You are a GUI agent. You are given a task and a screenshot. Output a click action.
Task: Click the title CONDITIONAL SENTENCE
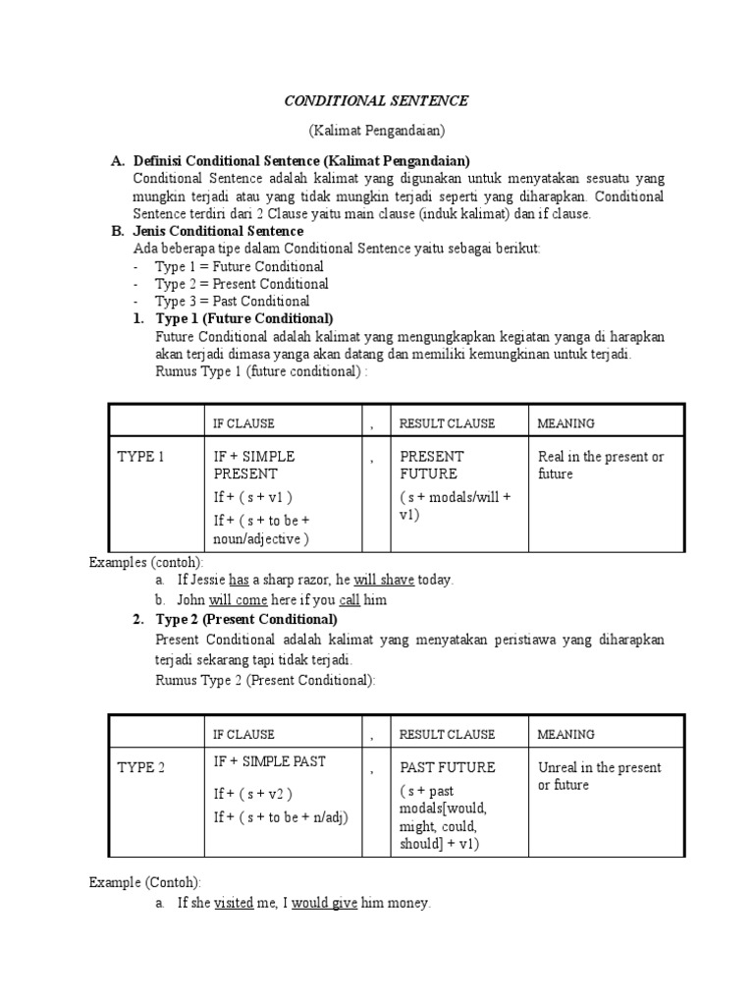click(x=376, y=101)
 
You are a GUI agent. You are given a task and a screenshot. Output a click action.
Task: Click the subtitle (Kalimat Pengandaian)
click(x=376, y=131)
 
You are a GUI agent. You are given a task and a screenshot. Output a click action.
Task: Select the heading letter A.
click(x=117, y=160)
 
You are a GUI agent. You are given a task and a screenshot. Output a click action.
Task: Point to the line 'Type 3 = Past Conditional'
click(x=232, y=302)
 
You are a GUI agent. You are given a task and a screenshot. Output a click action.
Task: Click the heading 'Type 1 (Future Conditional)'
click(x=244, y=319)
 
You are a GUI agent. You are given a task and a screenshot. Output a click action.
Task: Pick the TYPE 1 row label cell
click(x=141, y=457)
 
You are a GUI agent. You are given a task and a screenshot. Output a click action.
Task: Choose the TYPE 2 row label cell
click(x=141, y=768)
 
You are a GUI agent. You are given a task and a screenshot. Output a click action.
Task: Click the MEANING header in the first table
click(x=565, y=423)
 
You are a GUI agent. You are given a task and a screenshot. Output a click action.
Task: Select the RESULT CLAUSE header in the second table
click(x=447, y=734)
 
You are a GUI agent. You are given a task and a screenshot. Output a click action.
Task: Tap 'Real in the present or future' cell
click(x=601, y=466)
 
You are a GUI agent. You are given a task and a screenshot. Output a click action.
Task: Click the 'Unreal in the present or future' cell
click(x=599, y=776)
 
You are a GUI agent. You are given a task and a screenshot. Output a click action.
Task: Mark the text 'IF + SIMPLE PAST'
click(x=270, y=761)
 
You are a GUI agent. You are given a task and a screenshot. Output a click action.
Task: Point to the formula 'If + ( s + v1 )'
click(x=252, y=497)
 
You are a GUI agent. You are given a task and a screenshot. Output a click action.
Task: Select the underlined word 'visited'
click(x=234, y=903)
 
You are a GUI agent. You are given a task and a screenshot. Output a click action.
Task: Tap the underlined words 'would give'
click(x=325, y=903)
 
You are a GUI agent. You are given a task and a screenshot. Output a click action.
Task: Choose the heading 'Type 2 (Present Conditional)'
click(x=246, y=620)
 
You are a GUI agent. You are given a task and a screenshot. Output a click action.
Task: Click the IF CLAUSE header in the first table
click(x=244, y=423)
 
